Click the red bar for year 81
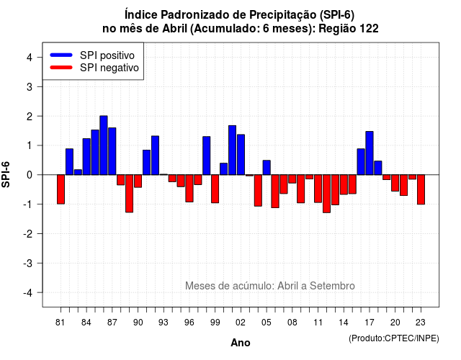pyautogui.click(x=61, y=189)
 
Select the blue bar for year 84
pyautogui.click(x=86, y=157)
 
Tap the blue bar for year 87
pyautogui.click(x=112, y=151)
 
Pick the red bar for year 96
pyautogui.click(x=189, y=189)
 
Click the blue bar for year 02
pyautogui.click(x=241, y=155)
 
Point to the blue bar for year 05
pyautogui.click(x=267, y=168)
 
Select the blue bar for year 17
pyautogui.click(x=370, y=153)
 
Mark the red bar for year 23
pyautogui.click(x=421, y=189)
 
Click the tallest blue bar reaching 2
pyautogui.click(x=104, y=145)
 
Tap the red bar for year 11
pyautogui.click(x=318, y=189)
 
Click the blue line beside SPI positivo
pyautogui.click(x=61, y=55)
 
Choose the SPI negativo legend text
pyautogui.click(x=109, y=68)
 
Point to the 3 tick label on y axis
pyautogui.click(x=30, y=86)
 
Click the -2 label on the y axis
pyautogui.click(x=27, y=233)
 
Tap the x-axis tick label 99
pyautogui.click(x=215, y=323)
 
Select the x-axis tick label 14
pyautogui.click(x=344, y=323)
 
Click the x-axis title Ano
pyautogui.click(x=241, y=343)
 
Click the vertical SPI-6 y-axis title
pyautogui.click(x=6, y=174)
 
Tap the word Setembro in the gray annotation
pyautogui.click(x=332, y=286)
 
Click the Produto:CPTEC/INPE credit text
pyautogui.click(x=394, y=338)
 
